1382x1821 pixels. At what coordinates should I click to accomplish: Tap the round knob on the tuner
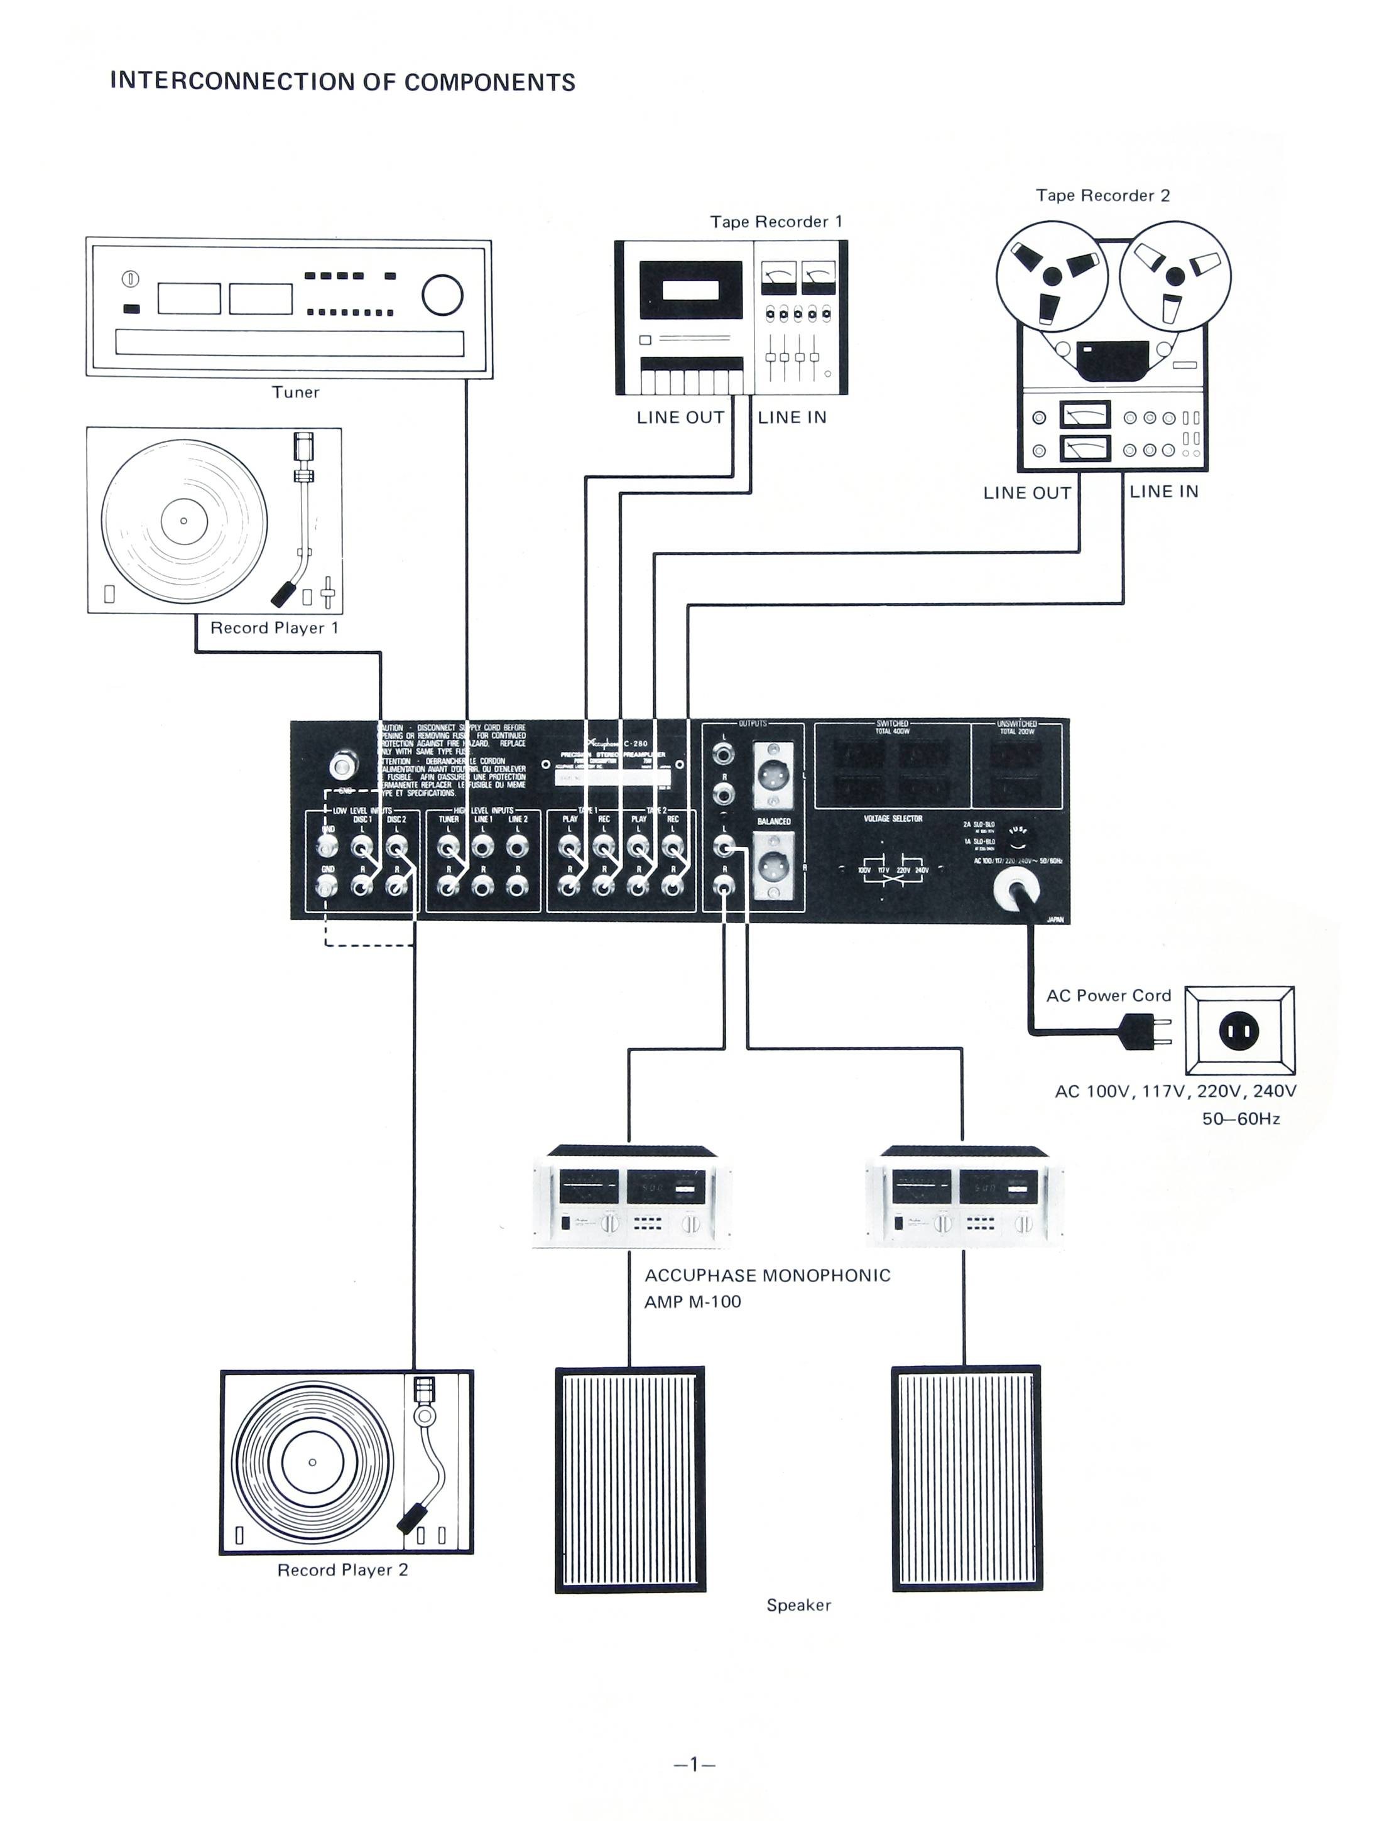[442, 294]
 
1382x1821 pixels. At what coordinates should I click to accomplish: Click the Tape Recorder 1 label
[776, 222]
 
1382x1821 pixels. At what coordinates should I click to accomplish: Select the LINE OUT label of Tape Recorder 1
[680, 418]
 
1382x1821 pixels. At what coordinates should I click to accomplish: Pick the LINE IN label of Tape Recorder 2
[1164, 492]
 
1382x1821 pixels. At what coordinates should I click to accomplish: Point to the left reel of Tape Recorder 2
[1052, 276]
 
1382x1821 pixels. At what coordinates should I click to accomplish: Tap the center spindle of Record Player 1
[183, 521]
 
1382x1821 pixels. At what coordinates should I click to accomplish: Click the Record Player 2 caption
[342, 1570]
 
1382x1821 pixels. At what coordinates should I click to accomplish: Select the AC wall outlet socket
[1239, 1030]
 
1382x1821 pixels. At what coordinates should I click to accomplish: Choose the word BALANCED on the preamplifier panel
[773, 821]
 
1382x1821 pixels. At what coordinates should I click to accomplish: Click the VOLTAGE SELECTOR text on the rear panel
[893, 818]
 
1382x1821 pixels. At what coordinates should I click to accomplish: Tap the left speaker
[630, 1479]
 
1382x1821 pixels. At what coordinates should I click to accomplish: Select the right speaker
[967, 1479]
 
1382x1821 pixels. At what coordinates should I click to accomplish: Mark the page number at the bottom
[694, 1763]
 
